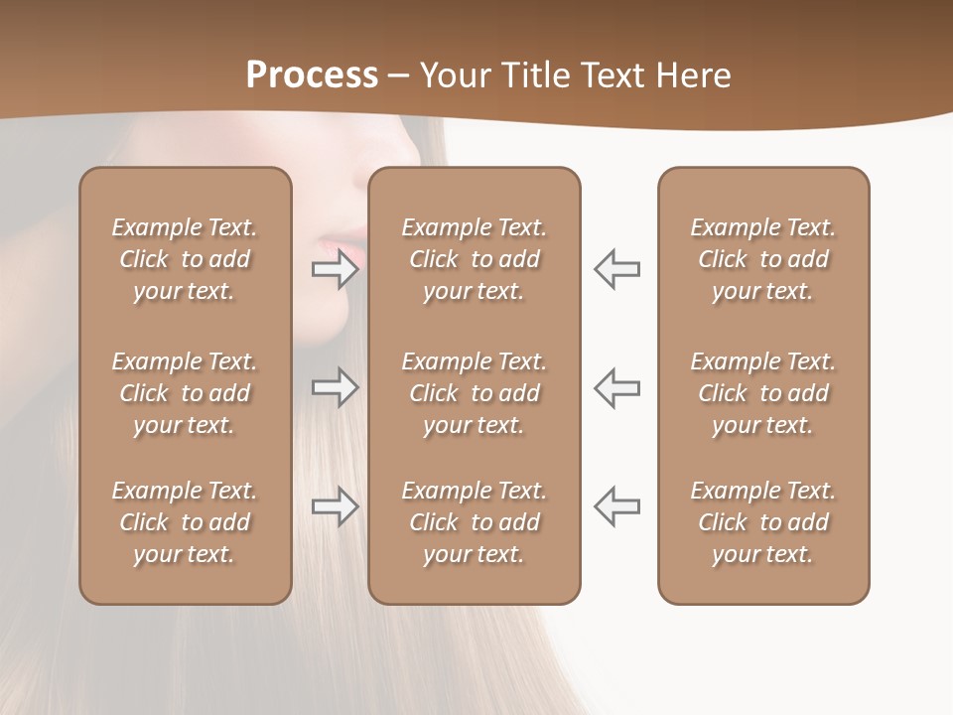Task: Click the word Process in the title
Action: pyautogui.click(x=312, y=75)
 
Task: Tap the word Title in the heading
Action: pyautogui.click(x=536, y=75)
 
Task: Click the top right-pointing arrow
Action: pyautogui.click(x=336, y=268)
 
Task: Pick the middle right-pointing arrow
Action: pyautogui.click(x=336, y=387)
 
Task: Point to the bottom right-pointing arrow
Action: pyautogui.click(x=336, y=506)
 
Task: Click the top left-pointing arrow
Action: pyautogui.click(x=617, y=268)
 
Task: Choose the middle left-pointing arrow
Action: pyautogui.click(x=617, y=387)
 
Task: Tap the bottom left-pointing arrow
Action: pyautogui.click(x=617, y=506)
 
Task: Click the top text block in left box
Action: pyautogui.click(x=185, y=259)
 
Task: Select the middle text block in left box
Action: pyautogui.click(x=185, y=393)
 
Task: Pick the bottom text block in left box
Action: pyautogui.click(x=185, y=522)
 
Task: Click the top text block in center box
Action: pyautogui.click(x=475, y=259)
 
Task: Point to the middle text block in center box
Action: pyautogui.click(x=475, y=393)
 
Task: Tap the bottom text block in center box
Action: pyautogui.click(x=475, y=522)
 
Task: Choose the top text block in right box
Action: pyautogui.click(x=763, y=259)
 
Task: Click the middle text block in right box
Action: pyautogui.click(x=763, y=393)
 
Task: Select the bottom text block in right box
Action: pyautogui.click(x=763, y=522)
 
